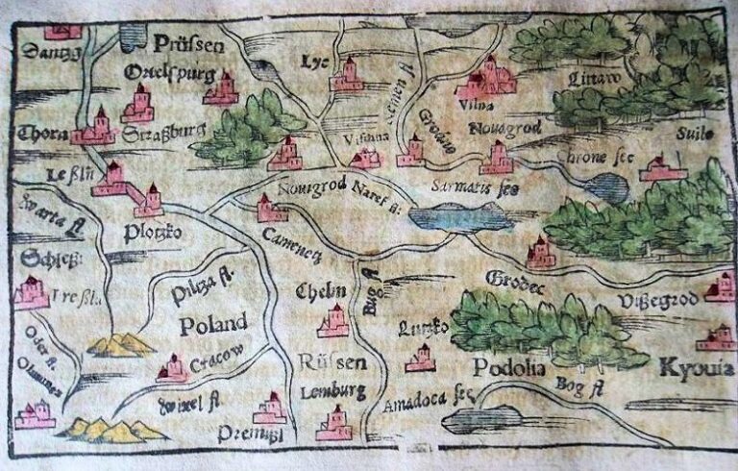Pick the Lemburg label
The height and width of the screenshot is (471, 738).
coord(332,391)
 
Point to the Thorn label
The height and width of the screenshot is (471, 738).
coord(40,134)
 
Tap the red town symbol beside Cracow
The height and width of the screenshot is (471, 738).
coord(173,367)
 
